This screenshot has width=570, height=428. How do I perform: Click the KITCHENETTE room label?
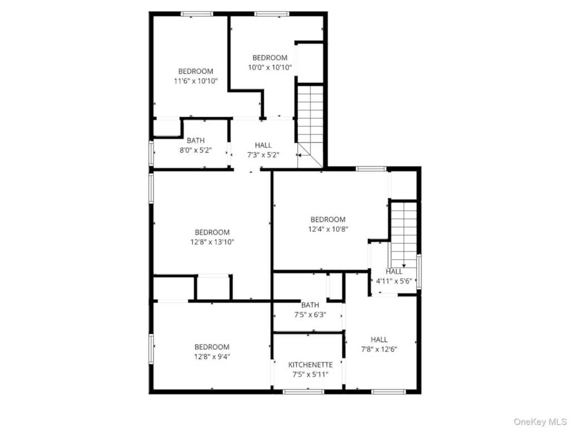tap(311, 364)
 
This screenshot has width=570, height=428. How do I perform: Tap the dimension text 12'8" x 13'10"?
tap(212, 242)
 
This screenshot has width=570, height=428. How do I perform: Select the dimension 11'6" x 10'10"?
tap(196, 81)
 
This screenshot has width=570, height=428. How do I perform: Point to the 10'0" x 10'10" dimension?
tap(270, 67)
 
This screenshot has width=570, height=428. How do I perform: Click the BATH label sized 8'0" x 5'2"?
tap(195, 140)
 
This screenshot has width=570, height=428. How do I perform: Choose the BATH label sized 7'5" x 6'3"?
tap(310, 305)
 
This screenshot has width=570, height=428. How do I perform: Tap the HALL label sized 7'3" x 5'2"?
tap(263, 145)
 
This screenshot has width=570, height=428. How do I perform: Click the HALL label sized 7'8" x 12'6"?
tap(379, 339)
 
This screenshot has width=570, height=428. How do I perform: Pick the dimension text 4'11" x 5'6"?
tap(394, 281)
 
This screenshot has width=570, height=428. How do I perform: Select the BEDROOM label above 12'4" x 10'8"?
tap(328, 220)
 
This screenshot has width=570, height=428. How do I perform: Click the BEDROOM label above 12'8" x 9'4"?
tap(212, 347)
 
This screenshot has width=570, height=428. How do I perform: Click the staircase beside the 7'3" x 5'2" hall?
tap(310, 125)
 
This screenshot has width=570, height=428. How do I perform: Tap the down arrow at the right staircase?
tap(404, 266)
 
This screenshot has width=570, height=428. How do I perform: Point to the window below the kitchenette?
tap(303, 392)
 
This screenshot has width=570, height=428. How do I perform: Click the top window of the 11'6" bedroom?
tap(197, 14)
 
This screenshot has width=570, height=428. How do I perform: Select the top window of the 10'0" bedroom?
tap(272, 14)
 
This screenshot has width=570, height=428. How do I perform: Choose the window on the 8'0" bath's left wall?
tap(151, 153)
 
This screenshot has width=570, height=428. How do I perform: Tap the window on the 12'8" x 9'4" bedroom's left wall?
tap(151, 349)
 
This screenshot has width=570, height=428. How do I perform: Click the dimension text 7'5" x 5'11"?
tap(311, 374)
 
